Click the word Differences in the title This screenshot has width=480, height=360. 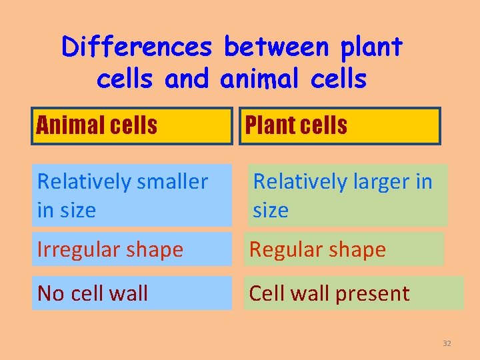tap(136, 47)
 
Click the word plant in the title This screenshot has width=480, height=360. tap(371, 47)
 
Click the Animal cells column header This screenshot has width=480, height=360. tap(132, 125)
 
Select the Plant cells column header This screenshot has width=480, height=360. tap(339, 125)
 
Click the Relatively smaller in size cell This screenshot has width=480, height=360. tap(132, 195)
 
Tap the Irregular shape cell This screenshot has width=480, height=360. tap(132, 249)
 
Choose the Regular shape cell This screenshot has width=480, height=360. tap(343, 249)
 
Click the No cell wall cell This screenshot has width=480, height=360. tap(132, 293)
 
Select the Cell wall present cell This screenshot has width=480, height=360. tap(353, 293)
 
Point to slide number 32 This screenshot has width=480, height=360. tap(447, 343)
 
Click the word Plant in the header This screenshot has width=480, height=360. tap(266, 125)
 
